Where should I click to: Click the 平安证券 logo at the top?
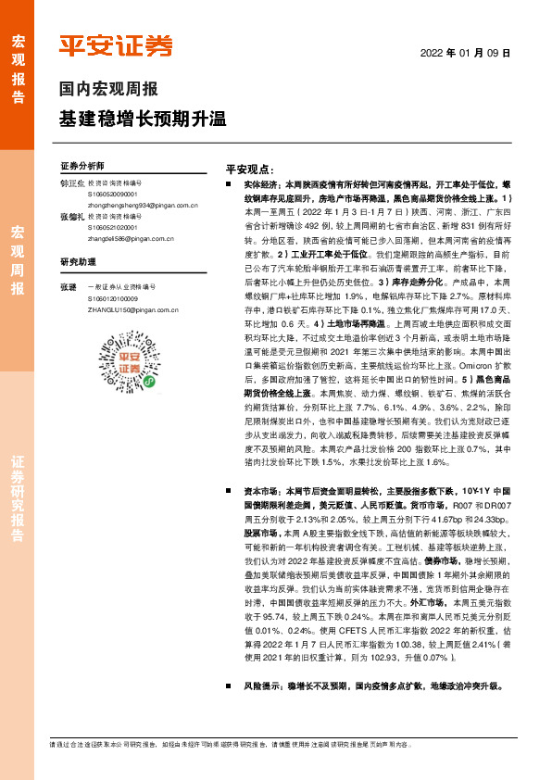(x=116, y=45)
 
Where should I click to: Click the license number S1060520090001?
(x=114, y=195)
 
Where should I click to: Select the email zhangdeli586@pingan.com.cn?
(x=115, y=235)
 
